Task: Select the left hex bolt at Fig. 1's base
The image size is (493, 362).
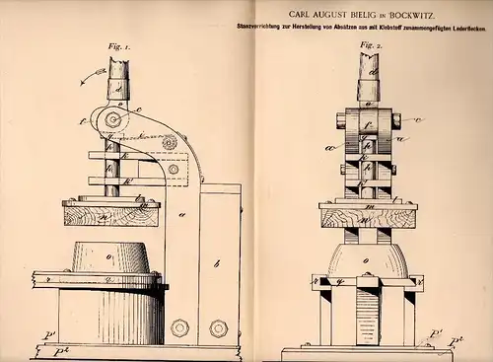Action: coord(179,327)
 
